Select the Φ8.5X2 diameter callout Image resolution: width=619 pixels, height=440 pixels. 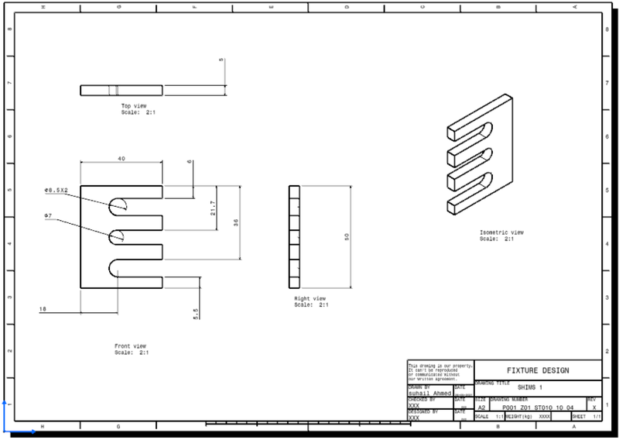pyautogui.click(x=56, y=190)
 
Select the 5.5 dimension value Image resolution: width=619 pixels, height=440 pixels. pyautogui.click(x=196, y=313)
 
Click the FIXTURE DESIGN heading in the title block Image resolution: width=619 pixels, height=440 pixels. pyautogui.click(x=537, y=370)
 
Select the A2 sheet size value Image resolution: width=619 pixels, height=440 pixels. pyautogui.click(x=480, y=406)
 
